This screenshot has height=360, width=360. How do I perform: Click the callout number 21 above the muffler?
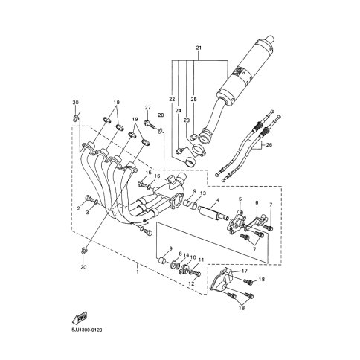tap(199, 48)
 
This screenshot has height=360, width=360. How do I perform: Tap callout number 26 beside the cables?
tap(269, 144)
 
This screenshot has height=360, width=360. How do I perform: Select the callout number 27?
tap(148, 108)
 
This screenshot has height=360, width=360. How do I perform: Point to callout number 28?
tap(161, 115)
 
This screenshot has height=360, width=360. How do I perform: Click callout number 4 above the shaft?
tap(218, 199)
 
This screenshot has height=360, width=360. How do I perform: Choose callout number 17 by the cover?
tap(245, 271)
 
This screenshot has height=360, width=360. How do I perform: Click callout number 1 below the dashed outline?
tap(138, 271)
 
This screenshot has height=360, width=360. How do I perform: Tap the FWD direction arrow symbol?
tap(80, 318)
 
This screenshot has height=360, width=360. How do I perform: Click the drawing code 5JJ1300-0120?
tap(87, 330)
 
